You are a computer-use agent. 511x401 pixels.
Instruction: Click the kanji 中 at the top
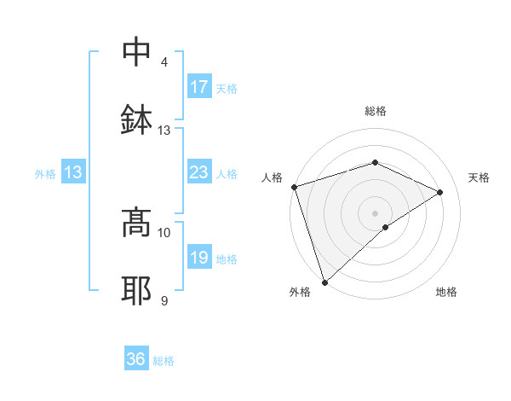(x=136, y=53)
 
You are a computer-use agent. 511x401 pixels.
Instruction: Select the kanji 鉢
(x=136, y=120)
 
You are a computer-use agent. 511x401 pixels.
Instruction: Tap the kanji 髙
(x=136, y=224)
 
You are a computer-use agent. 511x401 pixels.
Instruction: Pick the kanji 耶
(x=136, y=291)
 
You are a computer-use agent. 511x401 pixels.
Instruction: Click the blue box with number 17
(x=199, y=87)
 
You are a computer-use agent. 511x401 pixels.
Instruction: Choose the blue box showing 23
(x=199, y=173)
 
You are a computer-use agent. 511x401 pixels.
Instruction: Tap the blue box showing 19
(x=199, y=259)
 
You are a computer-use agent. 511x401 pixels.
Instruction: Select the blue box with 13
(x=73, y=173)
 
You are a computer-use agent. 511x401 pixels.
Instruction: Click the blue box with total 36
(x=136, y=360)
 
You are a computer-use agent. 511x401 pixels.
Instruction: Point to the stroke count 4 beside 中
(x=164, y=62)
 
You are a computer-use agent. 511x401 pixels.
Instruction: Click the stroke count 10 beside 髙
(x=164, y=232)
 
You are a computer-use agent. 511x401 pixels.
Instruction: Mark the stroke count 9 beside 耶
(x=164, y=300)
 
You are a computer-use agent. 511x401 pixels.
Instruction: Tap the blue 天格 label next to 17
(x=227, y=88)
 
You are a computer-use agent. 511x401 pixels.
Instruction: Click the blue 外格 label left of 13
(x=45, y=174)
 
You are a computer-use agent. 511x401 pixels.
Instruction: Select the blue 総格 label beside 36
(x=164, y=361)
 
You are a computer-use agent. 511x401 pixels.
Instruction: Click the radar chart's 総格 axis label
(x=375, y=112)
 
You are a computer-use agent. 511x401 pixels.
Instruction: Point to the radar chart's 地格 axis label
(x=446, y=292)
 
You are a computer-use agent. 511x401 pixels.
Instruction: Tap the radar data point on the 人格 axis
(x=294, y=187)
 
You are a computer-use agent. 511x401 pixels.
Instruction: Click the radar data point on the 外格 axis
(x=324, y=282)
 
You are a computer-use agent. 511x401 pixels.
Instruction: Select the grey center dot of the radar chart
(x=375, y=212)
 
